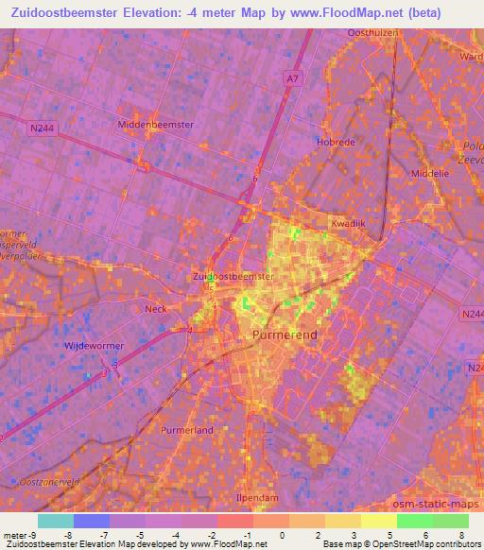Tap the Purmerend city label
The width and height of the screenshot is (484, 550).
tap(284, 336)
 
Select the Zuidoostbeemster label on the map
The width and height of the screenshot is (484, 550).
tap(233, 277)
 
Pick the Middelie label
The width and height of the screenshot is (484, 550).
tap(431, 175)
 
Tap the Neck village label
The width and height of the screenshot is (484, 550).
tap(155, 309)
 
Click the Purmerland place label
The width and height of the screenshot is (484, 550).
tap(188, 429)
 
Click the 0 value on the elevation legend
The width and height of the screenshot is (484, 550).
tap(270, 533)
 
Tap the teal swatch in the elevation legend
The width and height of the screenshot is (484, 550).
tap(55, 521)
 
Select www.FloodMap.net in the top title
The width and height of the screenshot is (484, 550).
tap(363, 12)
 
